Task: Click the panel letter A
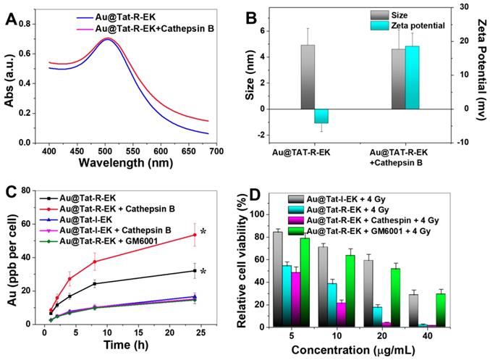pyautogui.click(x=12, y=16)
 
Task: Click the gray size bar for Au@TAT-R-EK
pyautogui.click(x=308, y=77)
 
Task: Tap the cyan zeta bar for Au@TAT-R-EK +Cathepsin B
pyautogui.click(x=413, y=78)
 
